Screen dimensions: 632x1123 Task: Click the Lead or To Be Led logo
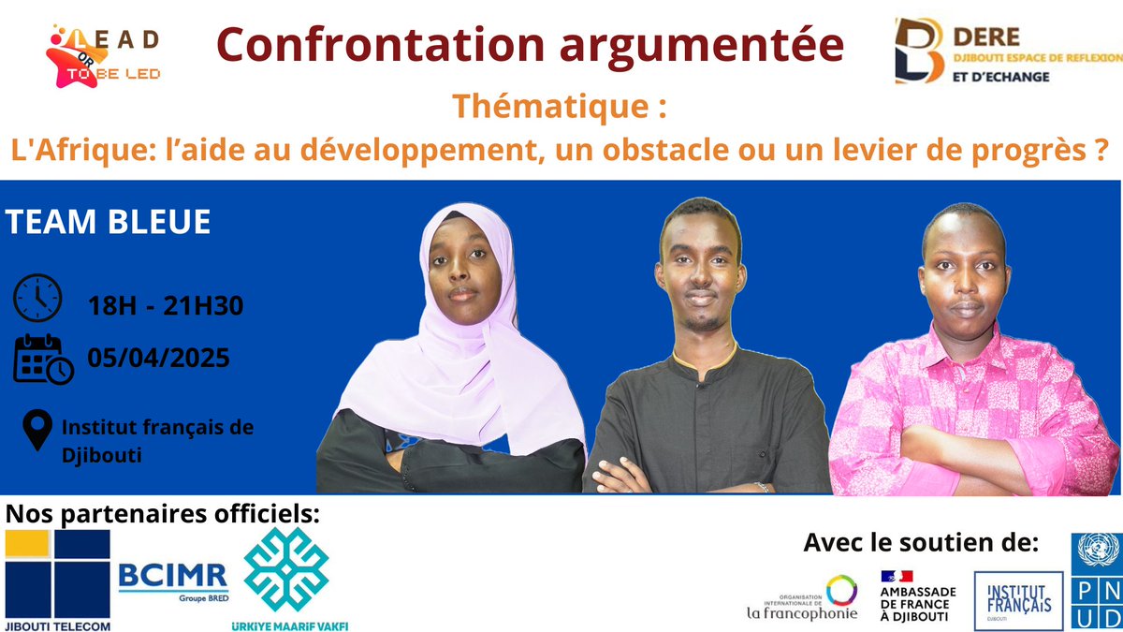tap(103, 56)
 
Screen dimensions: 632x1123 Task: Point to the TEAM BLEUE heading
tap(108, 223)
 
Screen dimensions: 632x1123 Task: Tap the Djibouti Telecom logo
tap(58, 581)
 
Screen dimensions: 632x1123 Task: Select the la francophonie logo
tap(801, 598)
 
